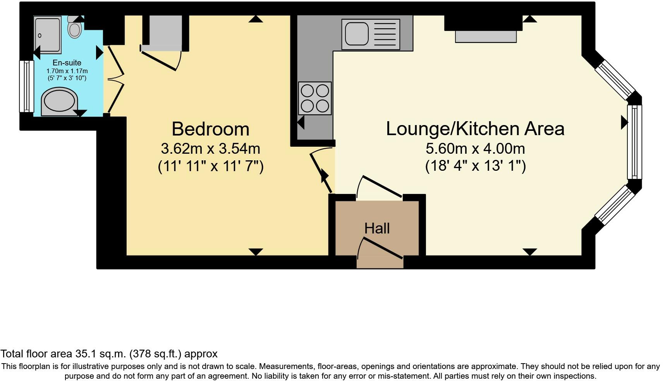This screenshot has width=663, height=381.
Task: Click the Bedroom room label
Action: pyautogui.click(x=210, y=129)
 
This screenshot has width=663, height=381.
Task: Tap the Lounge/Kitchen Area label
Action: pyautogui.click(x=475, y=129)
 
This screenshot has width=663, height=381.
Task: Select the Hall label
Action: pyautogui.click(x=377, y=228)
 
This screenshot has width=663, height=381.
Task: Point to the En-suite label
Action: pyautogui.click(x=67, y=63)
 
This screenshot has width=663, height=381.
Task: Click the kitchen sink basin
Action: pyautogui.click(x=356, y=33)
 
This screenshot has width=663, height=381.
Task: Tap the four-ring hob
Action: pyautogui.click(x=314, y=98)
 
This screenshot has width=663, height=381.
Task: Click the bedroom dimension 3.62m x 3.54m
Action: pyautogui.click(x=210, y=148)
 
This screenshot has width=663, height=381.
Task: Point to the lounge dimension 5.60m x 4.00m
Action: pyautogui.click(x=475, y=148)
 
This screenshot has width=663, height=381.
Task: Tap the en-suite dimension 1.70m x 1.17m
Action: pyautogui.click(x=67, y=71)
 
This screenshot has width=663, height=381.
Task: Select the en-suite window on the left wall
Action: pyautogui.click(x=27, y=86)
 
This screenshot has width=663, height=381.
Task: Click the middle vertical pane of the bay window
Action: pyautogui.click(x=634, y=142)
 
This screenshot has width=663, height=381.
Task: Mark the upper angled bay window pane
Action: pyautogui.click(x=615, y=80)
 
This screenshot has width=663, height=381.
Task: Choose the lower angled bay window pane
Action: pyautogui.click(x=615, y=205)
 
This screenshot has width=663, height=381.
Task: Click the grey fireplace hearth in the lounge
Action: pyautogui.click(x=486, y=36)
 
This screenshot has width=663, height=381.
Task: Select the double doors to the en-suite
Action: pyautogui.click(x=115, y=79)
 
